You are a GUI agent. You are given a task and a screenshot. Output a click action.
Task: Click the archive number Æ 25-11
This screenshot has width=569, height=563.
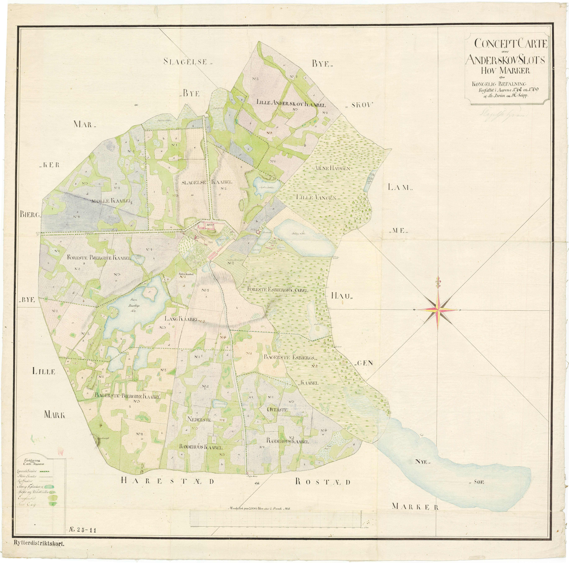pos(83,530)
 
